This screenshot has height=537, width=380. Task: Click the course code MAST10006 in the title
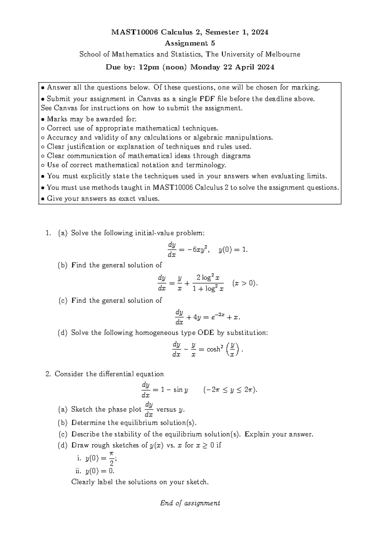point(134,32)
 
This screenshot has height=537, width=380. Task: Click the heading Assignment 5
point(190,43)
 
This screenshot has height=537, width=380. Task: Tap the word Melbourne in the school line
point(282,54)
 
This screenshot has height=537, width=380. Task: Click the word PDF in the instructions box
point(207,99)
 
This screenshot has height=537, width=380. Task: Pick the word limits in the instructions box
point(316,176)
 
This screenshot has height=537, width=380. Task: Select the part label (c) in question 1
point(63,300)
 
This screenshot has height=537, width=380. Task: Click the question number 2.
point(48,374)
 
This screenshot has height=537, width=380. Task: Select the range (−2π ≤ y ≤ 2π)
point(230,390)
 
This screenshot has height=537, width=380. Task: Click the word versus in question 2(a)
point(166,409)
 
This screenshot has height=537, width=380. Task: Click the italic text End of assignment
point(190,503)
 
